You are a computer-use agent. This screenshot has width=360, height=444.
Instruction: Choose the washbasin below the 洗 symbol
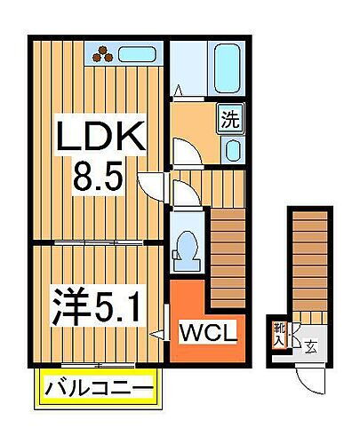click(x=232, y=148)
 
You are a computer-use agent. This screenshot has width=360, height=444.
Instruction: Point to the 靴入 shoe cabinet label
click(x=280, y=334)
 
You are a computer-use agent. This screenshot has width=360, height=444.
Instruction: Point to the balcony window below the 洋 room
click(x=99, y=366)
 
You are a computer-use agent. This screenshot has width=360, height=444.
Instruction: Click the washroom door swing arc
click(x=186, y=149)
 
